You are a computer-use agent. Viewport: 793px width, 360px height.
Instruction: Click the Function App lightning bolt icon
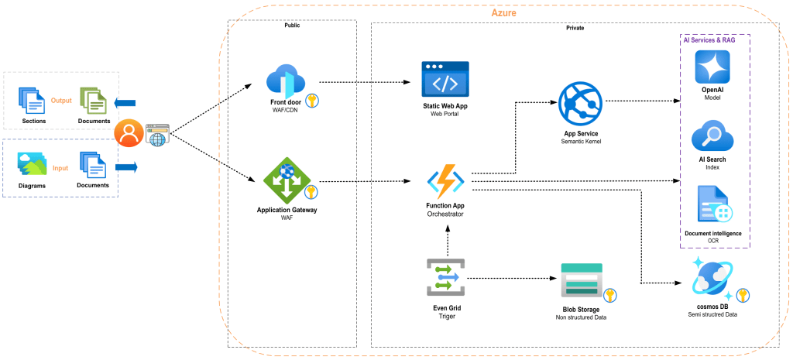pyautogui.click(x=445, y=181)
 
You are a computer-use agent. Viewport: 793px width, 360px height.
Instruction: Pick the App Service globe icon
pyautogui.click(x=580, y=104)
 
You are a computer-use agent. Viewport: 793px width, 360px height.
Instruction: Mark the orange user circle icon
pyautogui.click(x=128, y=133)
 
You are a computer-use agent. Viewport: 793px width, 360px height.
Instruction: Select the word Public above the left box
pyautogui.click(x=292, y=26)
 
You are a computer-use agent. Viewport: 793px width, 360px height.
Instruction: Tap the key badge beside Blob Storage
pyautogui.click(x=610, y=294)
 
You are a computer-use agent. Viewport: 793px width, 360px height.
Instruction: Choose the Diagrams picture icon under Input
pyautogui.click(x=31, y=163)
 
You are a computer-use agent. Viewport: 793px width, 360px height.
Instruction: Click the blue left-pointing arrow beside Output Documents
pyautogui.click(x=124, y=102)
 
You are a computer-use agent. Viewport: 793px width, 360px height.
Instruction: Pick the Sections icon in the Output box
pyautogui.click(x=33, y=101)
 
